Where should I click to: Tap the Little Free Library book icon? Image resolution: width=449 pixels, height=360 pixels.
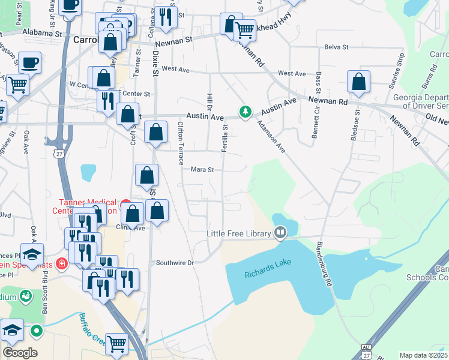pos(280,233)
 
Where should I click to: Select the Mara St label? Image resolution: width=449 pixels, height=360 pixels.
pos(202,170)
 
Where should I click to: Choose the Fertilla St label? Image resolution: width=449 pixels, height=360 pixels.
pos(225,137)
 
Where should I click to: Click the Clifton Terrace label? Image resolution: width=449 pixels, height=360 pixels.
pos(180,143)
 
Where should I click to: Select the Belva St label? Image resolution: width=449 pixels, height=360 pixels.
pos(336,47)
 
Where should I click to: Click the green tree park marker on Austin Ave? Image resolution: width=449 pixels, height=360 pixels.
pos(245,112)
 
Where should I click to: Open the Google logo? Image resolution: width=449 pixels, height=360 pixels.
pos(20,353)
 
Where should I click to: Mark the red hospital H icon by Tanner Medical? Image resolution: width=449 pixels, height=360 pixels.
pos(61,263)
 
